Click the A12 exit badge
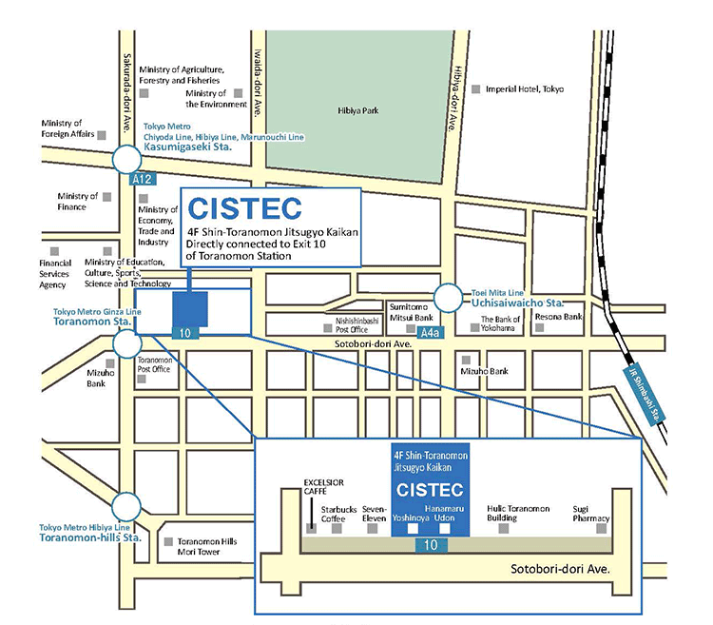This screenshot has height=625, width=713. pyautogui.click(x=143, y=179)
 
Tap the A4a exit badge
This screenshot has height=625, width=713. pyautogui.click(x=431, y=332)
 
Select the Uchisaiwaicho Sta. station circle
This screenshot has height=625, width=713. pyautogui.click(x=448, y=299)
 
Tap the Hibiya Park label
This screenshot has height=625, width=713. pyautogui.click(x=358, y=110)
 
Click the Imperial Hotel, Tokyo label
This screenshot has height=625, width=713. pyautogui.click(x=525, y=88)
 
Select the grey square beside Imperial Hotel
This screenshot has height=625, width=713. pyautogui.click(x=475, y=88)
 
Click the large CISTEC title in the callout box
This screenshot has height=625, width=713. pyautogui.click(x=245, y=207)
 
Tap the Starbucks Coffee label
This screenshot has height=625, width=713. pyautogui.click(x=338, y=514)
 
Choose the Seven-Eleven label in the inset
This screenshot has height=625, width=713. pyautogui.click(x=374, y=514)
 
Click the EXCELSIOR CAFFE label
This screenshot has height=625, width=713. pyautogui.click(x=317, y=488)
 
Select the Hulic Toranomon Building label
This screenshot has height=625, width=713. pyautogui.click(x=518, y=514)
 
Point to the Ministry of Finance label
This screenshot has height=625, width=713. pyautogui.click(x=78, y=201)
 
